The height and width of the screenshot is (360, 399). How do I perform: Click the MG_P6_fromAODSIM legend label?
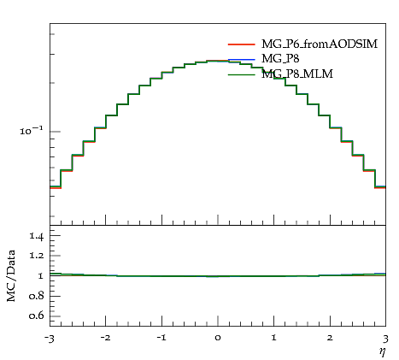click(320, 44)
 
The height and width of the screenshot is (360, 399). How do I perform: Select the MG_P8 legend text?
click(280, 59)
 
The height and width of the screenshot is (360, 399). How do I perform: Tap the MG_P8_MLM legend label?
click(297, 74)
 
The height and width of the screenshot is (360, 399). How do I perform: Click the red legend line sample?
click(241, 44)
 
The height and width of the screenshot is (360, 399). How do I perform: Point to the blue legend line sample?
click(241, 60)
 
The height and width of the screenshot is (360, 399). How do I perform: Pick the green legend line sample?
click(241, 74)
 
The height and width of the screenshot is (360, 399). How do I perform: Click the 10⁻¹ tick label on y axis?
click(31, 131)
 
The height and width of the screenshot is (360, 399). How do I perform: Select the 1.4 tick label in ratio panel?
click(37, 236)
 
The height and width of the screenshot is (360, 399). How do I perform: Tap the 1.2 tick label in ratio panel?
click(37, 256)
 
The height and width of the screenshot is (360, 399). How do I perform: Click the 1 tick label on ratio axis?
click(41, 276)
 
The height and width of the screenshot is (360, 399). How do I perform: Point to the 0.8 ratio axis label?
click(37, 296)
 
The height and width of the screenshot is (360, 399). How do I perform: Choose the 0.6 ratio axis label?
click(37, 316)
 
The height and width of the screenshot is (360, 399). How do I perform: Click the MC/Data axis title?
click(11, 276)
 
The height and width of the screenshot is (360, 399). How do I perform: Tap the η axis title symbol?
click(383, 352)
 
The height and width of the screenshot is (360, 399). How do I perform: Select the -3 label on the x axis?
click(49, 339)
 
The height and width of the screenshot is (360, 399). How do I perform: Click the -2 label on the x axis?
click(105, 339)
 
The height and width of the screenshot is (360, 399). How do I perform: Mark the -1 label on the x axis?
click(161, 339)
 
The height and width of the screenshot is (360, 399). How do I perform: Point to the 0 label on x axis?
click(218, 339)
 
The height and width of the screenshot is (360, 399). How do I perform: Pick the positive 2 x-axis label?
click(330, 338)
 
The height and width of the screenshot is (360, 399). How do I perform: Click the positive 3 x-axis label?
click(385, 339)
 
